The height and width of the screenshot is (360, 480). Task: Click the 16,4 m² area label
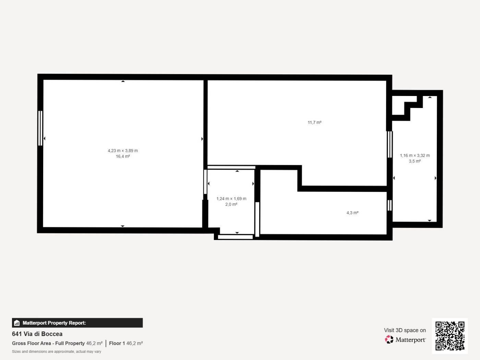click(x=123, y=156)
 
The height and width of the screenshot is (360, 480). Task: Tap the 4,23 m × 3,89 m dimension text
click(x=123, y=151)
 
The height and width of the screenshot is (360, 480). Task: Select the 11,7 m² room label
click(x=314, y=122)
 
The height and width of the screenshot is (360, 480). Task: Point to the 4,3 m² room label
click(x=352, y=213)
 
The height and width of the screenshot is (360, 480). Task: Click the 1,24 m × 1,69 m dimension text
click(x=231, y=199)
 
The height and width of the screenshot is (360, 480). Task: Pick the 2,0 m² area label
click(x=231, y=204)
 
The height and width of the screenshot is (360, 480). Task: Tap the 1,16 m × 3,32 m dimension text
click(x=415, y=155)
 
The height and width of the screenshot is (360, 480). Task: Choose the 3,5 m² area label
click(x=415, y=161)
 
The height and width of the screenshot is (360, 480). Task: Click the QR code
click(x=450, y=336)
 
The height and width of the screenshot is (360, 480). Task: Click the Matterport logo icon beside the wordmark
click(x=389, y=339)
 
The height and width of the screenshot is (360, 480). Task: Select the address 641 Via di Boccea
click(x=37, y=334)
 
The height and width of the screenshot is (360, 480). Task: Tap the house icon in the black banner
click(x=17, y=323)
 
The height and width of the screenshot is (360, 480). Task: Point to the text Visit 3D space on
click(x=405, y=330)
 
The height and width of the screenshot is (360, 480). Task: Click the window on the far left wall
click(x=40, y=128)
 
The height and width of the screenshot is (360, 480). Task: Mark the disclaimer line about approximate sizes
click(x=57, y=351)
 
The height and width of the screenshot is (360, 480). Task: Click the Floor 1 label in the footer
click(x=117, y=343)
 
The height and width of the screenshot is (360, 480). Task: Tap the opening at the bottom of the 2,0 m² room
click(x=235, y=237)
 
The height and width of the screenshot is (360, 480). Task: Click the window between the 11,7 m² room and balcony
click(x=390, y=144)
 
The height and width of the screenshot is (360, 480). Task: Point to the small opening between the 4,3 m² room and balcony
click(x=389, y=205)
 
